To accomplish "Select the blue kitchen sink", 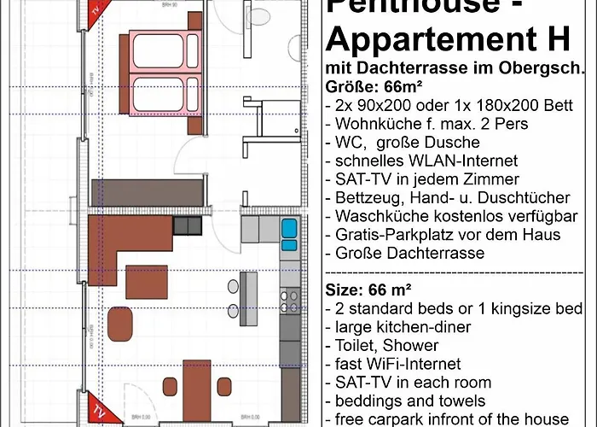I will [288, 230].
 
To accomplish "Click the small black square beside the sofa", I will [185, 225].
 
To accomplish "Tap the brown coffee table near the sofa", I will [146, 279].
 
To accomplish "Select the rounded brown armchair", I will [122, 323].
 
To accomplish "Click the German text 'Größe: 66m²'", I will [373, 87].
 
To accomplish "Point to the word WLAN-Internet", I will [450, 161].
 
